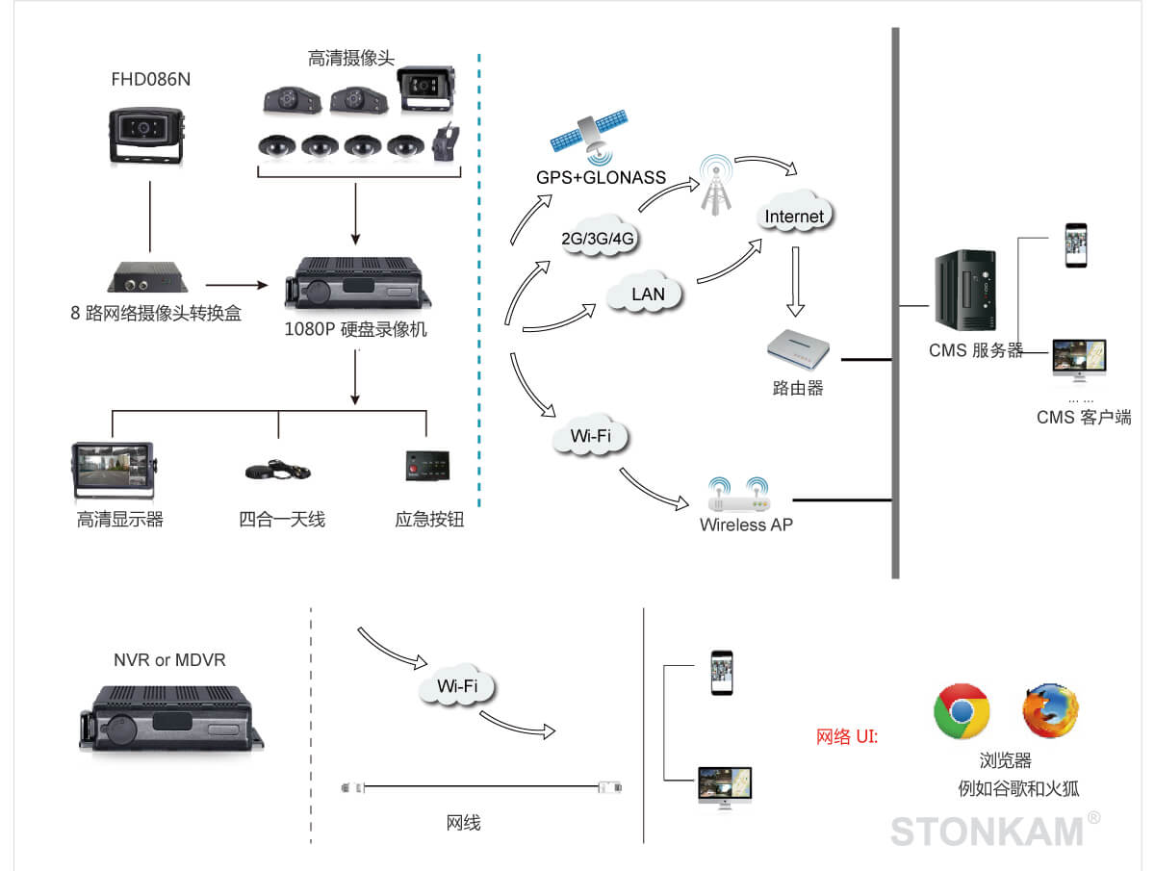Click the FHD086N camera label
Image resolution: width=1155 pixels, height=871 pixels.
pyautogui.click(x=150, y=80)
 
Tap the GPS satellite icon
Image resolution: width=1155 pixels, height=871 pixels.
pyautogui.click(x=589, y=138)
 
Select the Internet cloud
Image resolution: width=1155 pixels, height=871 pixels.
pyautogui.click(x=794, y=216)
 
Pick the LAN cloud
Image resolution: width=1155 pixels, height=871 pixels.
pyautogui.click(x=648, y=294)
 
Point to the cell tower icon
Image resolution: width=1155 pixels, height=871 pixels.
pyautogui.click(x=715, y=184)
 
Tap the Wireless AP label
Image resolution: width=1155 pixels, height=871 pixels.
pyautogui.click(x=746, y=525)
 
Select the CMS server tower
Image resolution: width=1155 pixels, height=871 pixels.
pyautogui.click(x=965, y=289)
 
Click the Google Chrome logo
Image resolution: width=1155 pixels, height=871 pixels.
pyautogui.click(x=962, y=711)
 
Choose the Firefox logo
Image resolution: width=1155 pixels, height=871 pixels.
pyautogui.click(x=1050, y=711)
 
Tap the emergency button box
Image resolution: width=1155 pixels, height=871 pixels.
pyautogui.click(x=427, y=465)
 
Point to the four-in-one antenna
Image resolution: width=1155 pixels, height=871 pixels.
pyautogui.click(x=277, y=469)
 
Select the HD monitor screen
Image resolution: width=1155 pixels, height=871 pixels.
pyautogui.click(x=113, y=470)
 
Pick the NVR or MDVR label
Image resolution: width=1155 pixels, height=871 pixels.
pyautogui.click(x=169, y=660)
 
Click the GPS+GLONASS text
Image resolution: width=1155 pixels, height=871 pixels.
pyautogui.click(x=601, y=178)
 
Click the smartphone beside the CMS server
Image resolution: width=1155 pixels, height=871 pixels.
pyautogui.click(x=1075, y=245)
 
